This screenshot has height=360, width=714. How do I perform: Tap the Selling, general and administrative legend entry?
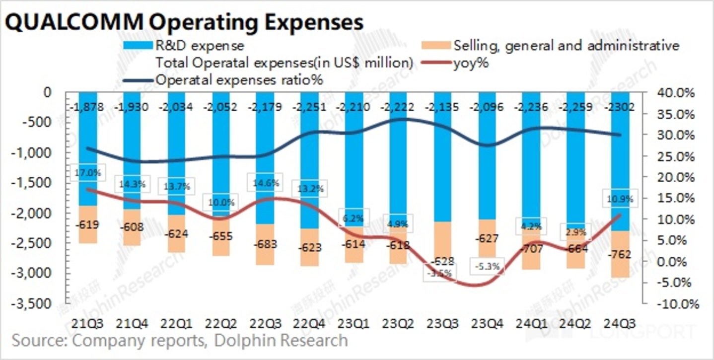point(566,46)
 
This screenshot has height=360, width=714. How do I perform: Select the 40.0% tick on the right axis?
point(678,93)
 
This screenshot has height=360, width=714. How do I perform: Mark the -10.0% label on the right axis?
point(678,303)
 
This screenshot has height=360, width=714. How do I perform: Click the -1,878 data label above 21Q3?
point(88,107)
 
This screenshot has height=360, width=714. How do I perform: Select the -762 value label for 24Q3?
point(618,255)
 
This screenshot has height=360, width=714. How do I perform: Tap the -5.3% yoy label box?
point(488,267)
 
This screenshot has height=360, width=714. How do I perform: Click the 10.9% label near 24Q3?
point(619,199)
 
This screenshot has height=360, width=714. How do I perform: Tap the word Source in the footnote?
point(39,341)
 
